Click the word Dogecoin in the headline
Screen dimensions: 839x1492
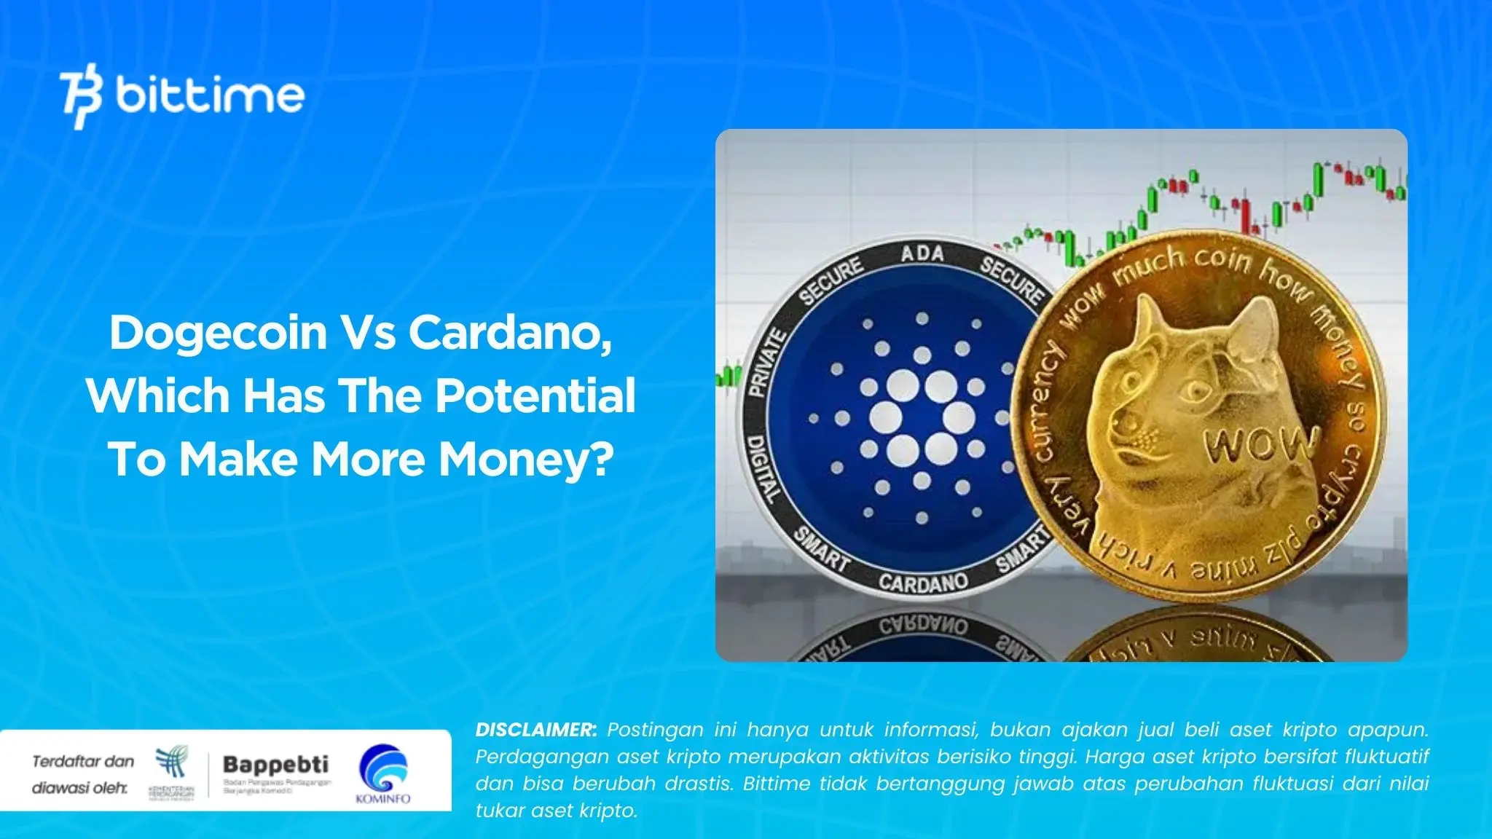coord(218,333)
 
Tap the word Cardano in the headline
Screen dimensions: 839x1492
coord(509,333)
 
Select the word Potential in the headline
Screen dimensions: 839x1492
coord(535,396)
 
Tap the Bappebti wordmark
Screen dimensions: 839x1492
coord(275,765)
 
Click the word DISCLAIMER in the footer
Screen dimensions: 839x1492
coord(535,730)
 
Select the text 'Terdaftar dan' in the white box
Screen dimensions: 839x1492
coord(83,762)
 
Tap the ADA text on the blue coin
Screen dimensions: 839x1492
coord(922,254)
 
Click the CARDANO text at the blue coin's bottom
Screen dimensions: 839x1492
coord(922,582)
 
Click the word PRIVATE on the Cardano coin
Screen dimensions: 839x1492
coord(768,363)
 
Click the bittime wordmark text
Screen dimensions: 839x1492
coord(210,96)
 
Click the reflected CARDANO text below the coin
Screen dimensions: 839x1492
coord(922,627)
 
